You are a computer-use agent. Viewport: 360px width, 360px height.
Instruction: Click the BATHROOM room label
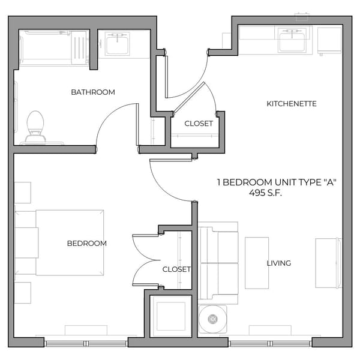coord(93,92)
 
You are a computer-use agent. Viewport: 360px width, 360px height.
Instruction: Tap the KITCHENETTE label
coord(291,104)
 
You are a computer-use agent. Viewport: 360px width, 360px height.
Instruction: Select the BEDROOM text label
coord(87,243)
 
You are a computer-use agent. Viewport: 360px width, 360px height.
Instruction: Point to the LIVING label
coord(279,263)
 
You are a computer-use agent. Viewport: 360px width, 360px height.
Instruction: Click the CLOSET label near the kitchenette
coord(198,124)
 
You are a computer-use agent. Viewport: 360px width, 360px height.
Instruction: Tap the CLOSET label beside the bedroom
coord(176,269)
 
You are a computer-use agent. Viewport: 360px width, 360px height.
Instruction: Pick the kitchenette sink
coord(292,41)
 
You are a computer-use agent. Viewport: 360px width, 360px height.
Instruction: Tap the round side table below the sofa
coord(212,319)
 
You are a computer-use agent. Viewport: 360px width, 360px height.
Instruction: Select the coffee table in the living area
coord(256,263)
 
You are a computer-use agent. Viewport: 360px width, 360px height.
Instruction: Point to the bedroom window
coord(86,343)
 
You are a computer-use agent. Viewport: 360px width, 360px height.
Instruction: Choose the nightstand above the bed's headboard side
coord(22,193)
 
